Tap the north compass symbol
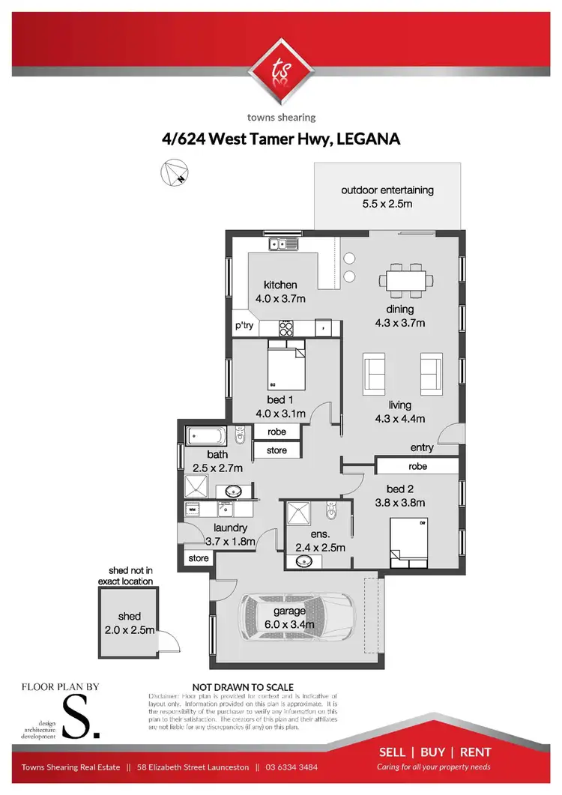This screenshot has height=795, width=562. [174, 174]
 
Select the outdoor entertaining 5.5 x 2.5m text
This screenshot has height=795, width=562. [387, 196]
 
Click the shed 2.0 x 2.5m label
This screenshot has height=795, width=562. [129, 623]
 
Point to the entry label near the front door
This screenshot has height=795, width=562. [422, 447]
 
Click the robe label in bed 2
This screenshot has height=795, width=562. [417, 465]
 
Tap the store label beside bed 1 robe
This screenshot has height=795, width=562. [277, 450]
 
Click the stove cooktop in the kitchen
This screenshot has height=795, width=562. [286, 327]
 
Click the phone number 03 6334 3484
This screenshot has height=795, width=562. [297, 767]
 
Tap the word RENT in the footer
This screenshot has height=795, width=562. [475, 752]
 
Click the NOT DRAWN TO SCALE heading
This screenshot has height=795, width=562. [243, 686]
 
